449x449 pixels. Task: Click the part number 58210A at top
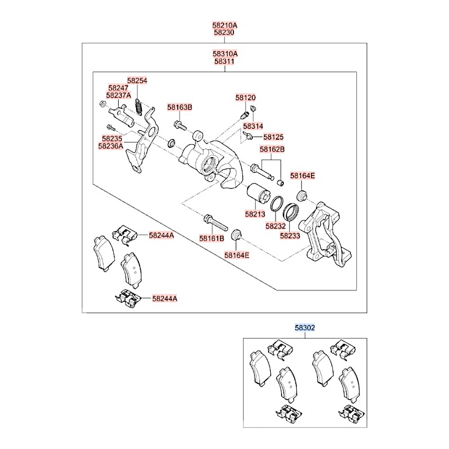(225, 26)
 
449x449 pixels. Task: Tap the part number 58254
(137, 80)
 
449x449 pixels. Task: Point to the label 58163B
(180, 107)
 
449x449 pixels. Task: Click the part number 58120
(246, 97)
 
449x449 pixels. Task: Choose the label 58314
(253, 126)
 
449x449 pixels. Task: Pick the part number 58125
(273, 137)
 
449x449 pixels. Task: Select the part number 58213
(256, 215)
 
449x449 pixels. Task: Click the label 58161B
(212, 238)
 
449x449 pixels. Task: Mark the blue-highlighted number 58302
(305, 328)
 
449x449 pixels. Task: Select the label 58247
(119, 88)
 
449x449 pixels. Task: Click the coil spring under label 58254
(139, 107)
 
